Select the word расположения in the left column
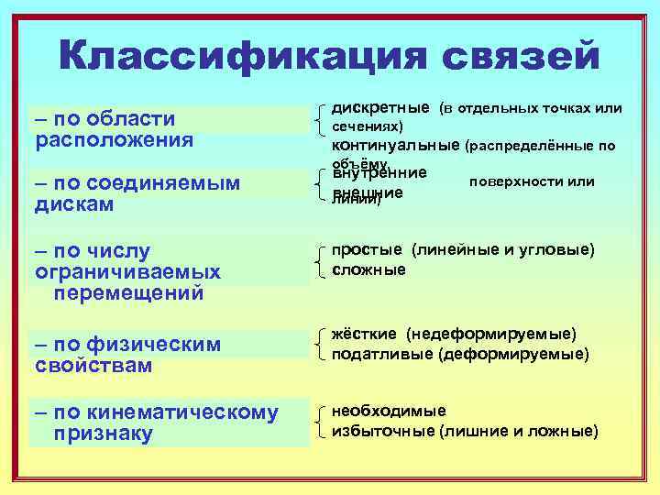(115, 140)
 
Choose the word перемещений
(128, 294)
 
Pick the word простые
(367, 250)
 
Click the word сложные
(368, 269)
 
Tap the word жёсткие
(363, 334)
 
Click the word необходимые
(389, 411)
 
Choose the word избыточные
(382, 431)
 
